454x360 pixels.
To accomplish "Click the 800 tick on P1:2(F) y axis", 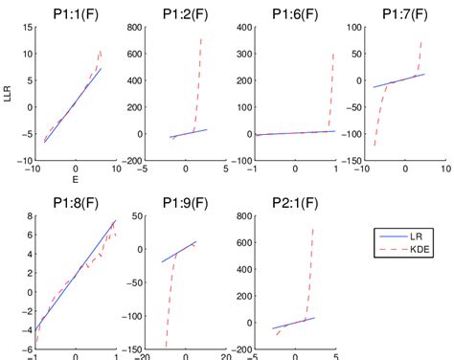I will tap(131, 27).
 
